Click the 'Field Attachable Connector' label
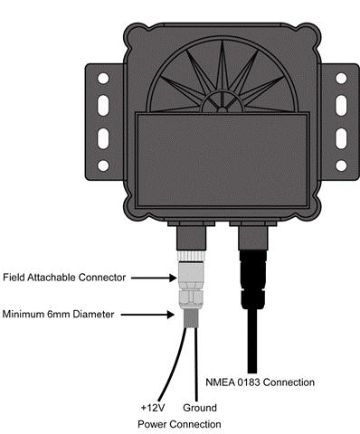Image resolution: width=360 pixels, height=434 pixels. (x=64, y=278)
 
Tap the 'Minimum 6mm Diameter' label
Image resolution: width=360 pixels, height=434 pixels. (x=58, y=315)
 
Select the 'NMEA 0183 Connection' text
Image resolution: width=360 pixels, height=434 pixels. (x=260, y=382)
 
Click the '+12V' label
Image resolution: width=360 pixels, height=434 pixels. (x=153, y=408)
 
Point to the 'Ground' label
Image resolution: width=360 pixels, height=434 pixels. (x=200, y=408)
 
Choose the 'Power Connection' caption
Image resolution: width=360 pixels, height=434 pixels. (x=179, y=424)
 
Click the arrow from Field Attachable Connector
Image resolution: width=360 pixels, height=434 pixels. (x=154, y=278)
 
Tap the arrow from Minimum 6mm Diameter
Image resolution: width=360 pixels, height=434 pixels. (x=147, y=315)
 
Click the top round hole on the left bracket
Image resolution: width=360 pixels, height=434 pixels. (x=103, y=79)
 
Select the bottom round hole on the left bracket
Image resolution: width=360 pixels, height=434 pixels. (x=103, y=165)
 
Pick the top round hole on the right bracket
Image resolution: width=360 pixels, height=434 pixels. (x=341, y=79)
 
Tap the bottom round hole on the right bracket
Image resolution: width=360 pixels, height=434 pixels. (x=341, y=165)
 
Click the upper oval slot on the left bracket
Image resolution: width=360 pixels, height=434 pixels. (x=103, y=106)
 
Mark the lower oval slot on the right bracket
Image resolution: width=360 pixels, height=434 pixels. (x=341, y=138)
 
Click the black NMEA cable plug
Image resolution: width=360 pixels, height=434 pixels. (x=252, y=279)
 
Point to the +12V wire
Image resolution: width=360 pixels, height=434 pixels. (x=173, y=364)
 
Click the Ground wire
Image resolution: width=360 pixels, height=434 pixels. (x=196, y=364)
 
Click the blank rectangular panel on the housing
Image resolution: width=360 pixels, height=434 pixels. (x=223, y=160)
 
